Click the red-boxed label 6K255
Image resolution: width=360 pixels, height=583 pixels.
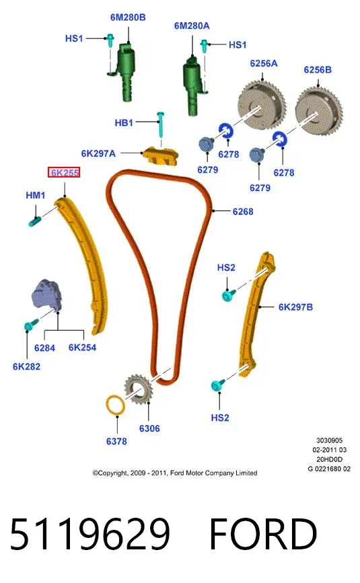(64, 173)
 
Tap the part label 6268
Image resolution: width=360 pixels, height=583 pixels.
(243, 212)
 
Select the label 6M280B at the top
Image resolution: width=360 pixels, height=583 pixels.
(128, 17)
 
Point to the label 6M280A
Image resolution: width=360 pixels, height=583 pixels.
(192, 26)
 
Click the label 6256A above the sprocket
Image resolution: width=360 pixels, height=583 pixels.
(264, 64)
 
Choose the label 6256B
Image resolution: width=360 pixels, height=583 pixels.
(318, 69)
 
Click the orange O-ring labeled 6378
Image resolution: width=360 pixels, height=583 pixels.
(115, 405)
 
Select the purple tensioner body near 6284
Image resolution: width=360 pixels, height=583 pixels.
(46, 294)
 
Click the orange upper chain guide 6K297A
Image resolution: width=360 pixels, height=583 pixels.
(160, 155)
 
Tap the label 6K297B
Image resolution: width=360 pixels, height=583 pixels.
(295, 307)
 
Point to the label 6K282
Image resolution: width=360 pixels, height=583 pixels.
(26, 366)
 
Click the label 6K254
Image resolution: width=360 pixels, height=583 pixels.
(82, 348)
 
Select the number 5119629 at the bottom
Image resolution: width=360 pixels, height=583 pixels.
(90, 535)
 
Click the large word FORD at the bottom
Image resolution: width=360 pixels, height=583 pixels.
(263, 535)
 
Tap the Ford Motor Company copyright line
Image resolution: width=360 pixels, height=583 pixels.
(175, 473)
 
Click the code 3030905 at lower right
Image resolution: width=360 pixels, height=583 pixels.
(329, 440)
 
